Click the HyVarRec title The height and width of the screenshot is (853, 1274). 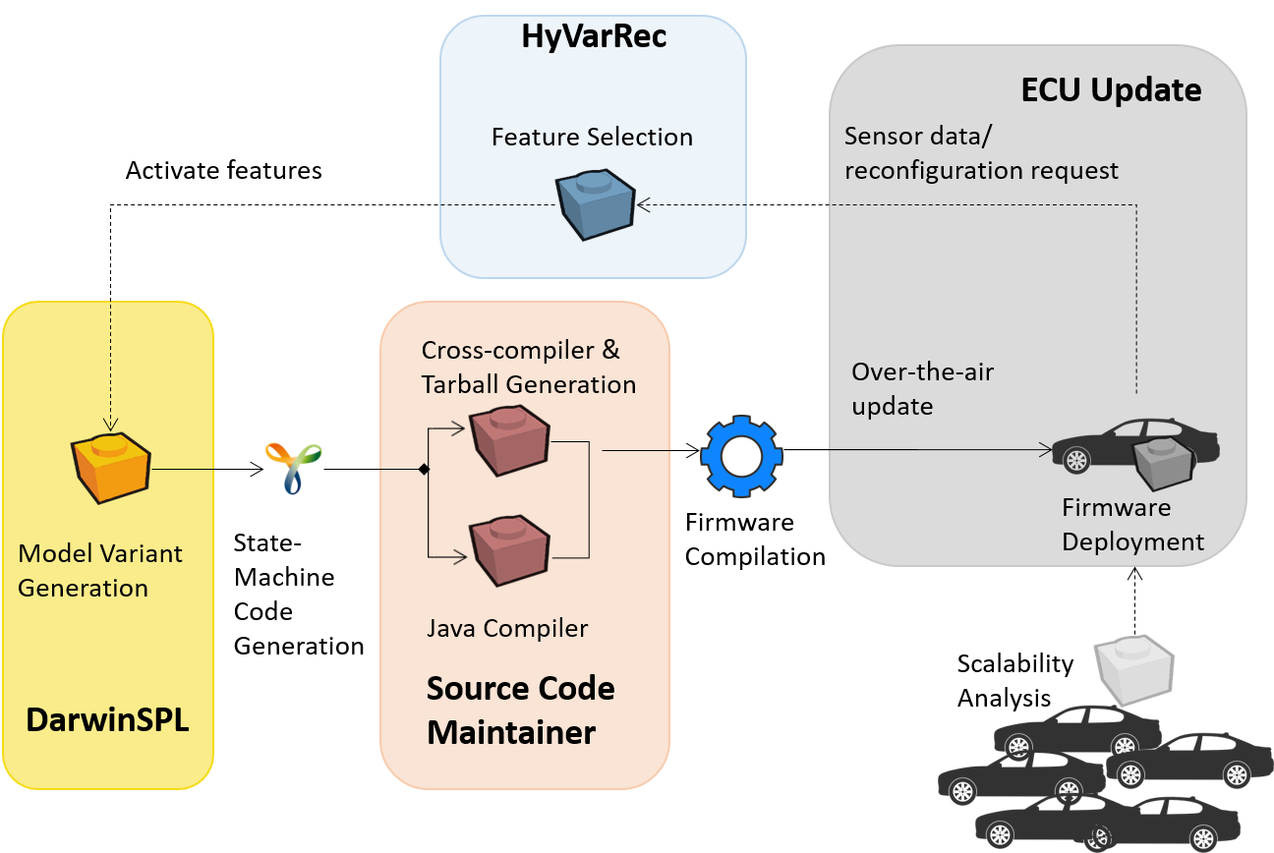(x=593, y=37)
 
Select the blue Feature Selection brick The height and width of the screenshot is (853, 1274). (x=595, y=205)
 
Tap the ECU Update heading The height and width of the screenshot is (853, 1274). (x=1111, y=90)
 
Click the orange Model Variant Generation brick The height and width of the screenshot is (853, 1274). (x=110, y=467)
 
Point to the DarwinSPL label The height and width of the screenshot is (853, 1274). (x=107, y=720)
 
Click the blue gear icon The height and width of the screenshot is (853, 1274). (x=741, y=455)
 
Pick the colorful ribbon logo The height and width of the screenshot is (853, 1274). (x=293, y=468)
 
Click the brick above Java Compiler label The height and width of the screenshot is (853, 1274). (x=508, y=549)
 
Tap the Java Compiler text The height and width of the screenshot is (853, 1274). (x=507, y=628)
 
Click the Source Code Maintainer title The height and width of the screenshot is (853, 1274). (x=520, y=710)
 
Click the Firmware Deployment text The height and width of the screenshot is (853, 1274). (x=1132, y=525)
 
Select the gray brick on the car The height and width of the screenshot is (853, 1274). (x=1164, y=464)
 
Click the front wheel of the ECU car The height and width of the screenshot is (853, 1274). (x=1076, y=459)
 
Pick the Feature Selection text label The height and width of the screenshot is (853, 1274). (x=592, y=137)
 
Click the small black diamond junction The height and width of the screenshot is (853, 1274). (x=425, y=470)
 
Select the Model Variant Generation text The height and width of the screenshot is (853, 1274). (x=100, y=571)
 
